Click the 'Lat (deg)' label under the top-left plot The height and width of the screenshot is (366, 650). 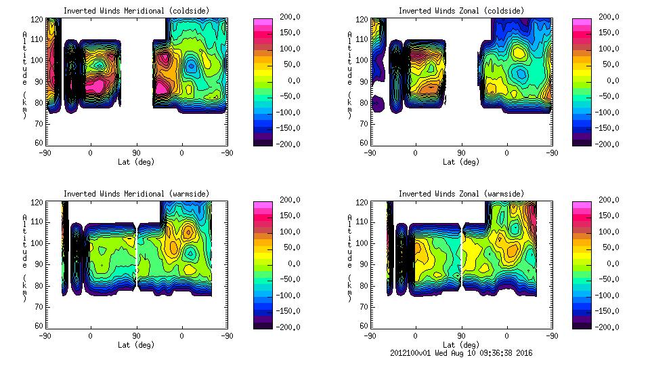136,162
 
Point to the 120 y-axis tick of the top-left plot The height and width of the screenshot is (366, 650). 39,20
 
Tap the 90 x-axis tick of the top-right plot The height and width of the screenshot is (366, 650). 461,153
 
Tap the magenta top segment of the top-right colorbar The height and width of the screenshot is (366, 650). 582,22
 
